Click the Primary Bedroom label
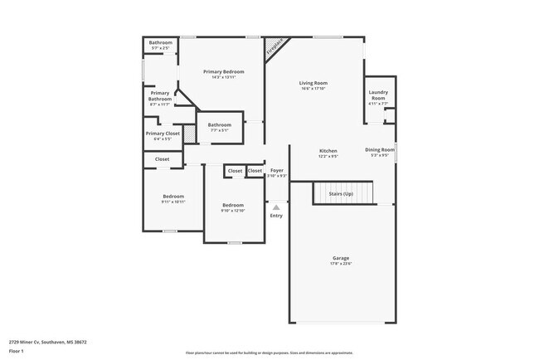click(224, 72)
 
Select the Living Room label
click(313, 83)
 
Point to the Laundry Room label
click(378, 95)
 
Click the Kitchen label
click(328, 150)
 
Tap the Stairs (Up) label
click(342, 193)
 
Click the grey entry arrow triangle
click(276, 207)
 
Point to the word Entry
click(276, 216)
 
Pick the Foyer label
click(277, 170)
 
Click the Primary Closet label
click(163, 133)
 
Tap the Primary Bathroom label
click(159, 95)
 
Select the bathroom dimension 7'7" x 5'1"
click(219, 130)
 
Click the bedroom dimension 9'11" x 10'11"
click(173, 202)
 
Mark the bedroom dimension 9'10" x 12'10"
click(233, 210)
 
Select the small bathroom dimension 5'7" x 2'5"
click(160, 48)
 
